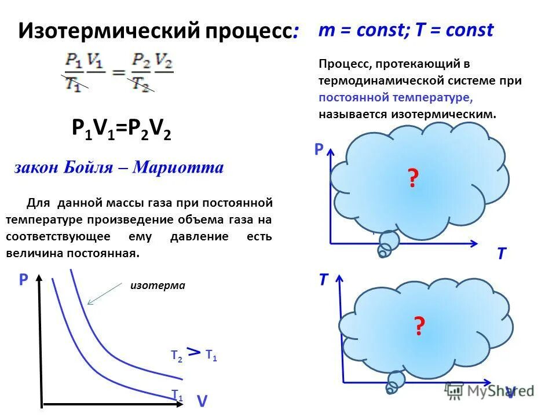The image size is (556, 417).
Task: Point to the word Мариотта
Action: tap(178, 168)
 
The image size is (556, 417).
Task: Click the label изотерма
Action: tap(158, 286)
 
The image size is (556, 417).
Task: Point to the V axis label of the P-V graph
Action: tap(202, 401)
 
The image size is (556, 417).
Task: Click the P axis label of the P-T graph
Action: tap(319, 150)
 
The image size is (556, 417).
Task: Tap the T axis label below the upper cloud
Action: tap(501, 253)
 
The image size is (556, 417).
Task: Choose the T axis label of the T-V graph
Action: tap(323, 280)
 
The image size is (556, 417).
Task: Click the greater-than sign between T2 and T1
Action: tap(195, 352)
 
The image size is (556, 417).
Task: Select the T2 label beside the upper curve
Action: tap(176, 357)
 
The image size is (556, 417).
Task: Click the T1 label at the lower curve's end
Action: tap(177, 395)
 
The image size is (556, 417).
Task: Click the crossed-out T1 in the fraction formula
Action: tap(73, 83)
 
